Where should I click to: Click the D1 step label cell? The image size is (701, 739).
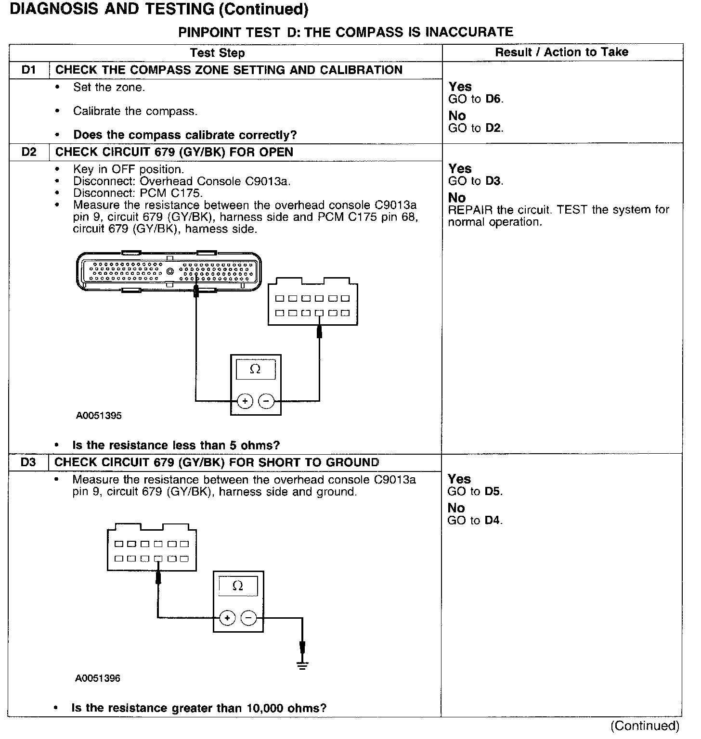pos(29,70)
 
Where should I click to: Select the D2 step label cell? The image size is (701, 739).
pos(29,153)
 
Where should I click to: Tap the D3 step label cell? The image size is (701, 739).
pos(28,463)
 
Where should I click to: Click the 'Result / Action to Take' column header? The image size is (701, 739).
pos(562,52)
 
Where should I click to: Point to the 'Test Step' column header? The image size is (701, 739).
pos(217,53)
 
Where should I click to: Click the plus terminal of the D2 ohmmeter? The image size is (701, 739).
pos(245,401)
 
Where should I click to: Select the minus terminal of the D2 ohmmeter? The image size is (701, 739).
pos(266,401)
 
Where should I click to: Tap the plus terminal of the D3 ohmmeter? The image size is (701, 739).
pos(227,618)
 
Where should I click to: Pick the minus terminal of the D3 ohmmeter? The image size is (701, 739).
pos(248,618)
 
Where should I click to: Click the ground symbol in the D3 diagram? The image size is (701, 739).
pos(302,665)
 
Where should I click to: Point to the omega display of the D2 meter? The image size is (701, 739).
pos(256,369)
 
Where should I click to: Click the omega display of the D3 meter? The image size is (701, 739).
pos(238,586)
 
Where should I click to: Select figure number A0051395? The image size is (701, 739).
pos(99,416)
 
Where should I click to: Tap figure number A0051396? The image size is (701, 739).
pos(98,678)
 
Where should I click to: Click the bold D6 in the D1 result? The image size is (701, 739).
pos(493,99)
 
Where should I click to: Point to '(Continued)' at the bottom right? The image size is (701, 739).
pos(645,726)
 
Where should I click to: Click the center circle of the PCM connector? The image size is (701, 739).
pos(169,272)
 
